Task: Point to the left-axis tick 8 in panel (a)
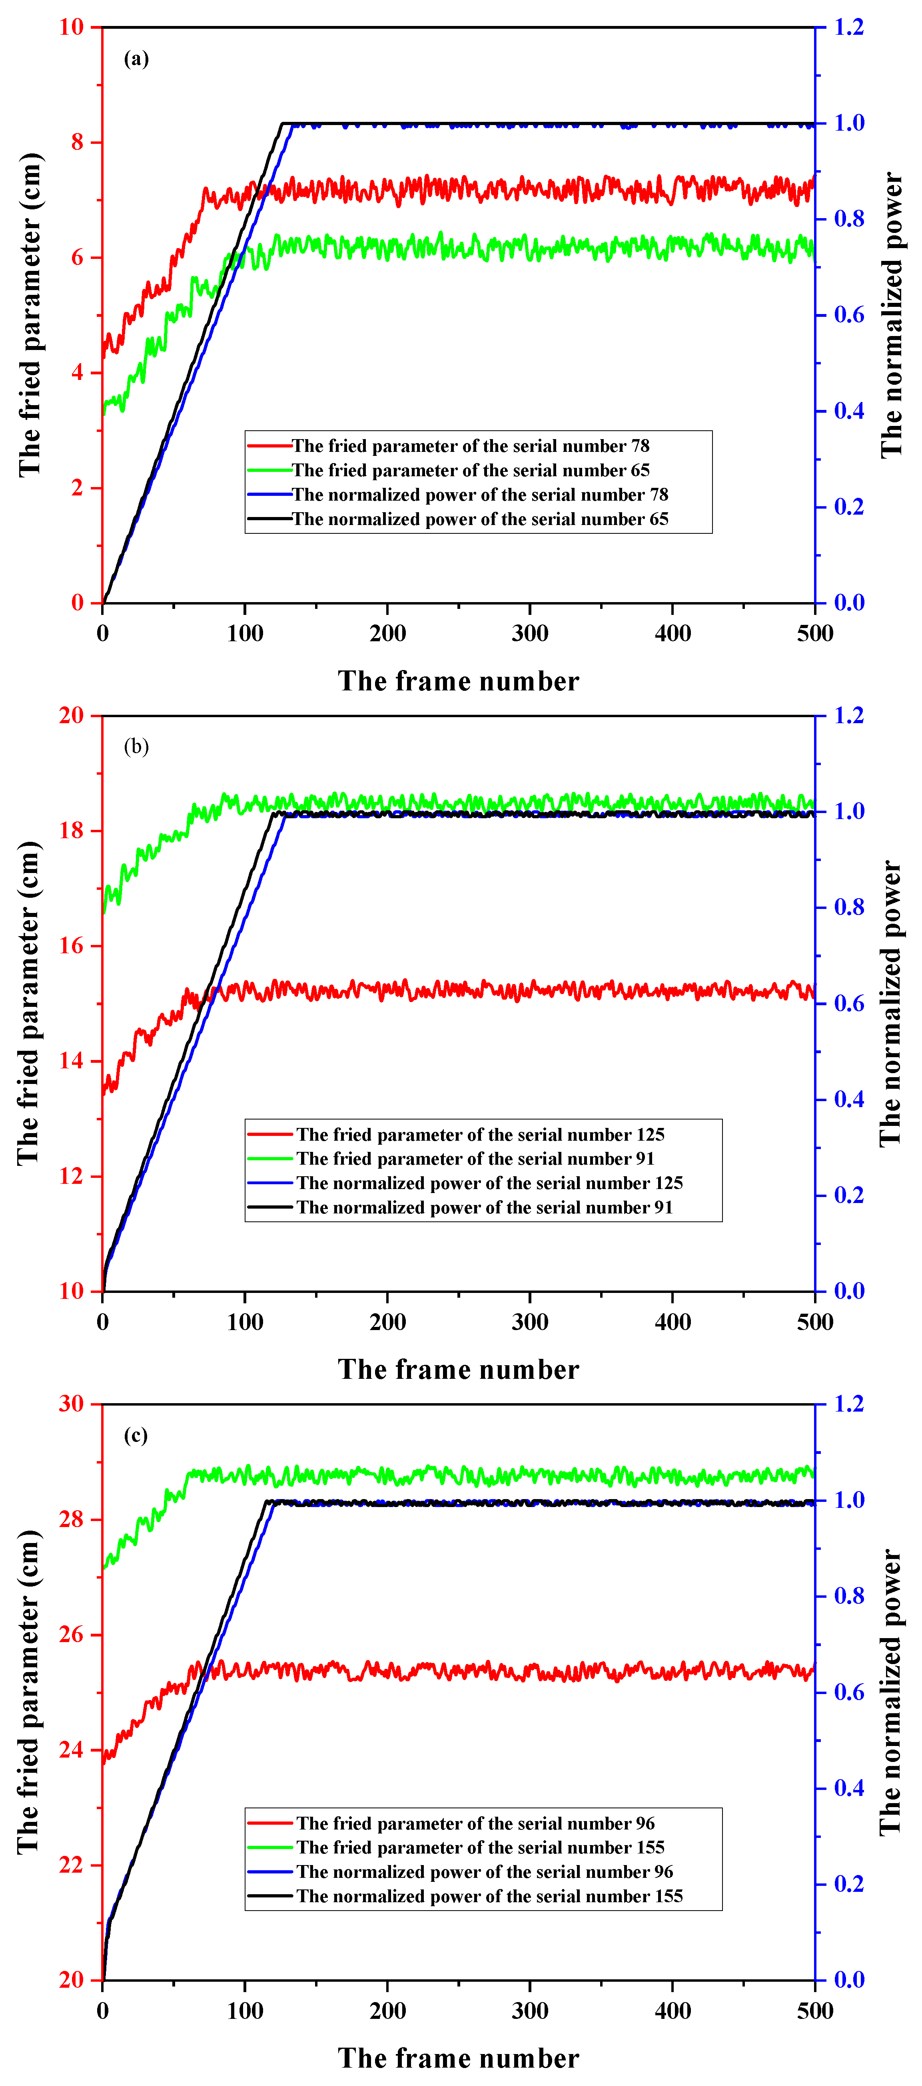point(78,143)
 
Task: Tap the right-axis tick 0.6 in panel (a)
point(849,315)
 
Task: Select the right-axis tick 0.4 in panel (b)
point(849,1100)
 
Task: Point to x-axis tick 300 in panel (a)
point(530,633)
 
